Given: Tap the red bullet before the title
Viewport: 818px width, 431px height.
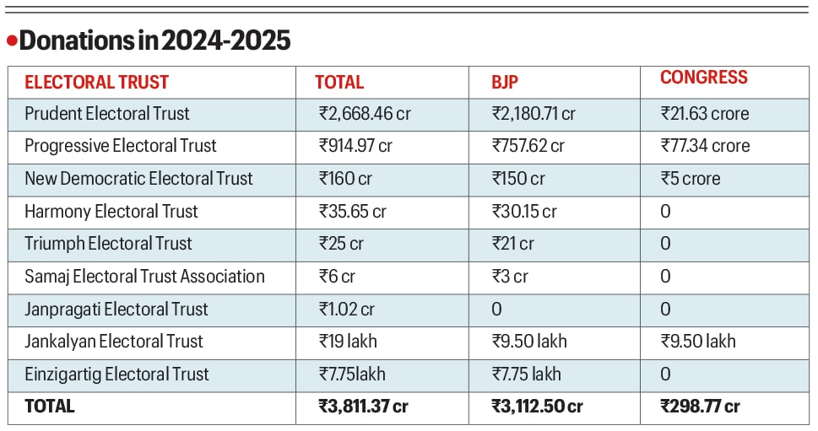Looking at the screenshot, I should click(12, 40).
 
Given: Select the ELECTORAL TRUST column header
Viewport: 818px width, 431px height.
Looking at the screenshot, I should click(96, 83).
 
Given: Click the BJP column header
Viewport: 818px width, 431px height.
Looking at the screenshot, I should click(505, 83).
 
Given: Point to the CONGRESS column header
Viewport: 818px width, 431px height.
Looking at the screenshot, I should click(703, 78).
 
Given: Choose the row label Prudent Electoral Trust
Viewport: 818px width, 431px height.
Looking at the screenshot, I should click(107, 114).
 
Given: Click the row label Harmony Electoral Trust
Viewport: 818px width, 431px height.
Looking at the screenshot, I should click(111, 212).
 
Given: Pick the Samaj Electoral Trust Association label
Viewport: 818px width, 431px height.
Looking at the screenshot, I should click(144, 277).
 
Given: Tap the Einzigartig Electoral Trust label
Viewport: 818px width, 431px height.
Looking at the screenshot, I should click(116, 374).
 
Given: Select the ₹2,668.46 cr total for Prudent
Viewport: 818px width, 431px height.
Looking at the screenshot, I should click(365, 114).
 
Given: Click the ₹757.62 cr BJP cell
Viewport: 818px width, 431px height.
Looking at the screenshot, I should click(528, 146).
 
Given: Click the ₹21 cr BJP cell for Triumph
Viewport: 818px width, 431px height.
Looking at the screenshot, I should click(512, 244).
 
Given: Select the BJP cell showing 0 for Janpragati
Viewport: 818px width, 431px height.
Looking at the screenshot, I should click(496, 310).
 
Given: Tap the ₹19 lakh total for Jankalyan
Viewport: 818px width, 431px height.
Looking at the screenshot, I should click(348, 342).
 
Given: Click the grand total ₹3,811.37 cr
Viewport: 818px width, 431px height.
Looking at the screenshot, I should click(363, 407).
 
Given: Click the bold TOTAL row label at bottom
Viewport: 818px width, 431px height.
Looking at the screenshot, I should click(49, 407).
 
